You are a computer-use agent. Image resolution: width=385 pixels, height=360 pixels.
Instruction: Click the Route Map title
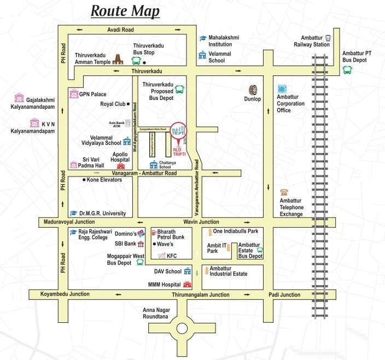(125, 10)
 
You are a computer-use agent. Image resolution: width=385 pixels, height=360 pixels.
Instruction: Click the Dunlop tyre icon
(253, 90)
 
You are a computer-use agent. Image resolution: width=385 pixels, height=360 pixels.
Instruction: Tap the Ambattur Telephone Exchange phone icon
(284, 192)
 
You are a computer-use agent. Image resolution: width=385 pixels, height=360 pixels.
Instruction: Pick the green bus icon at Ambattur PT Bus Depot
(347, 69)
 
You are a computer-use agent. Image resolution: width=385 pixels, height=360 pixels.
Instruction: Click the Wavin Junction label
(201, 222)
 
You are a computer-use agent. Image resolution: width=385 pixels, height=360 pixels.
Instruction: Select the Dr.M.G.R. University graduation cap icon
(73, 213)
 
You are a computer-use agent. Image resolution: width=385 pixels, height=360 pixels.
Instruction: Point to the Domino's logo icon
(142, 233)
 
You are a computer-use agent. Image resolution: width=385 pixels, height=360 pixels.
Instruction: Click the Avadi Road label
(121, 29)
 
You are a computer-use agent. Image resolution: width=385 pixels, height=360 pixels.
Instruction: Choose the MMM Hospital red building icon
(188, 285)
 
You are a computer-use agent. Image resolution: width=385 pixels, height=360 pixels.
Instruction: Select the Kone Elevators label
(104, 179)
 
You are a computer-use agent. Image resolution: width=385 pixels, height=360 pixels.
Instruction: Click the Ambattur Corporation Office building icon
(282, 88)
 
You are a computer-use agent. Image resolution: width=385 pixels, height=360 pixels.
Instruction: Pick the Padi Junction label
(284, 294)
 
